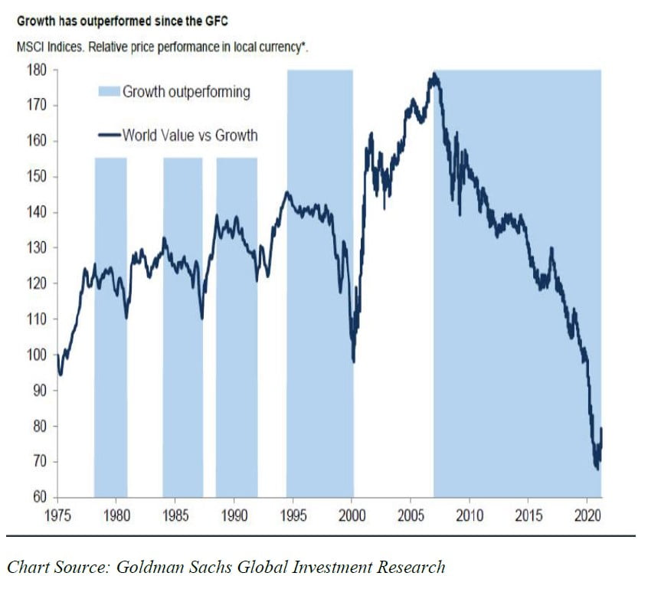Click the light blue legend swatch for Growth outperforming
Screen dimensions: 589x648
109,93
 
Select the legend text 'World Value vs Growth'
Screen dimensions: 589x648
190,136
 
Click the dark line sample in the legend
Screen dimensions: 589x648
109,136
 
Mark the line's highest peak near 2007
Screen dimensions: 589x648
434,74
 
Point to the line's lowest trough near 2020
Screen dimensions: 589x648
597,468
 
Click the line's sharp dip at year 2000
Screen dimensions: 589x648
353,362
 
